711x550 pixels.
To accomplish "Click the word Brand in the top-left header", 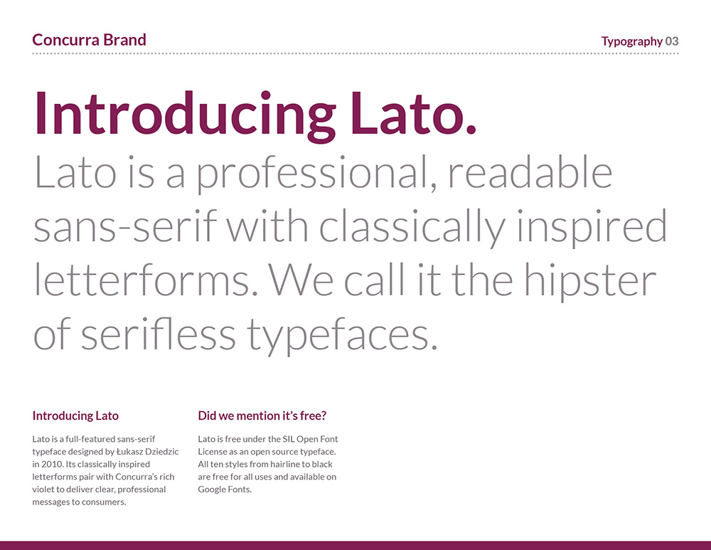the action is pyautogui.click(x=124, y=40).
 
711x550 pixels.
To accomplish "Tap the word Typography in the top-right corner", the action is pyautogui.click(x=632, y=42).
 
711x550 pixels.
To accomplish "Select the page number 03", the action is pyautogui.click(x=672, y=41).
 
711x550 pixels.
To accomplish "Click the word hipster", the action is pyautogui.click(x=590, y=281).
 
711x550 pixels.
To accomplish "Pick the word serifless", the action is pyautogui.click(x=159, y=334).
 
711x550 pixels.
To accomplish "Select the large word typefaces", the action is pyautogui.click(x=342, y=336).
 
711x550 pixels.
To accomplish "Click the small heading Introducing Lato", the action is pyautogui.click(x=75, y=416).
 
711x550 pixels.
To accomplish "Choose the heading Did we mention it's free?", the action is pyautogui.click(x=262, y=416).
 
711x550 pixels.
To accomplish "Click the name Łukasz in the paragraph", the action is pyautogui.click(x=129, y=452).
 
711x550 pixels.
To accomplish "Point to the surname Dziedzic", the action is pyautogui.click(x=162, y=452).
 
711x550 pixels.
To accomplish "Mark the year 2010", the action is pyautogui.click(x=52, y=464).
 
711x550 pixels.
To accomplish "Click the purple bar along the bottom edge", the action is pyautogui.click(x=355, y=546).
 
